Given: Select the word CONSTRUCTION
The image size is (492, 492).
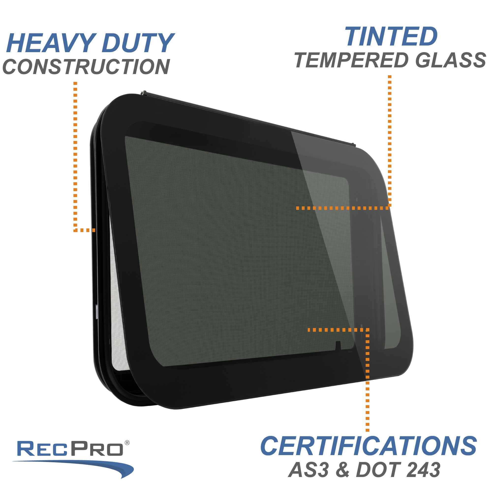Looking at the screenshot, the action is pyautogui.click(x=86, y=67).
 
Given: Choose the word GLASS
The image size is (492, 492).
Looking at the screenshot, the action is pyautogui.click(x=450, y=60).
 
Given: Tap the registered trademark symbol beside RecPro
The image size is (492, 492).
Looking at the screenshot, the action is pyautogui.click(x=127, y=443).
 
